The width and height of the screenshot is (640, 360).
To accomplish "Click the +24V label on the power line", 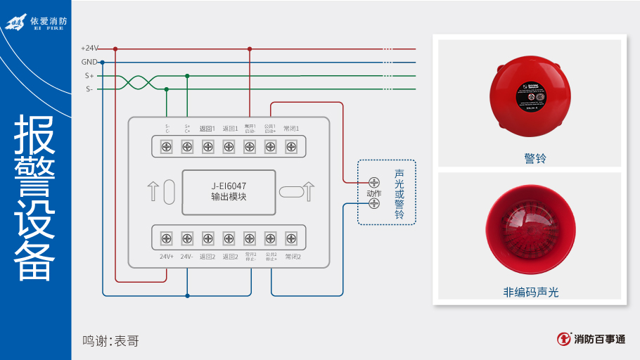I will [90, 49].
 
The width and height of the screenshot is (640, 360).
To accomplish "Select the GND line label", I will [89, 62].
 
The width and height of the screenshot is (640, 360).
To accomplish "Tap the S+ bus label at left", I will [89, 75].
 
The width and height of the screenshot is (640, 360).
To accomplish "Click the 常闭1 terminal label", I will [291, 129].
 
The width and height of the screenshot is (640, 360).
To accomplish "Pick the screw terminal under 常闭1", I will [291, 146].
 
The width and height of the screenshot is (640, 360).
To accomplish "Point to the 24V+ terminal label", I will [167, 257].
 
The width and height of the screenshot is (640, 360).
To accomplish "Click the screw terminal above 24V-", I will [187, 238].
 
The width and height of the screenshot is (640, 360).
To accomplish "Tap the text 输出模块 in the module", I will [229, 198].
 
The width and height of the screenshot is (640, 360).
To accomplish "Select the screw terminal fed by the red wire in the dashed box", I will [374, 183].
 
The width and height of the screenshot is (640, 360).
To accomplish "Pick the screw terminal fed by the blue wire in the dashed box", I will [374, 204].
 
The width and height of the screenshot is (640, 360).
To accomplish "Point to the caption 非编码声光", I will [531, 292].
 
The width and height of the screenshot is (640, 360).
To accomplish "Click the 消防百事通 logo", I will [591, 339].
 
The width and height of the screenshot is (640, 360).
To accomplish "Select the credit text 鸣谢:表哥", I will [110, 341].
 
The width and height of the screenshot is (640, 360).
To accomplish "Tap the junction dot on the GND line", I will [103, 62].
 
